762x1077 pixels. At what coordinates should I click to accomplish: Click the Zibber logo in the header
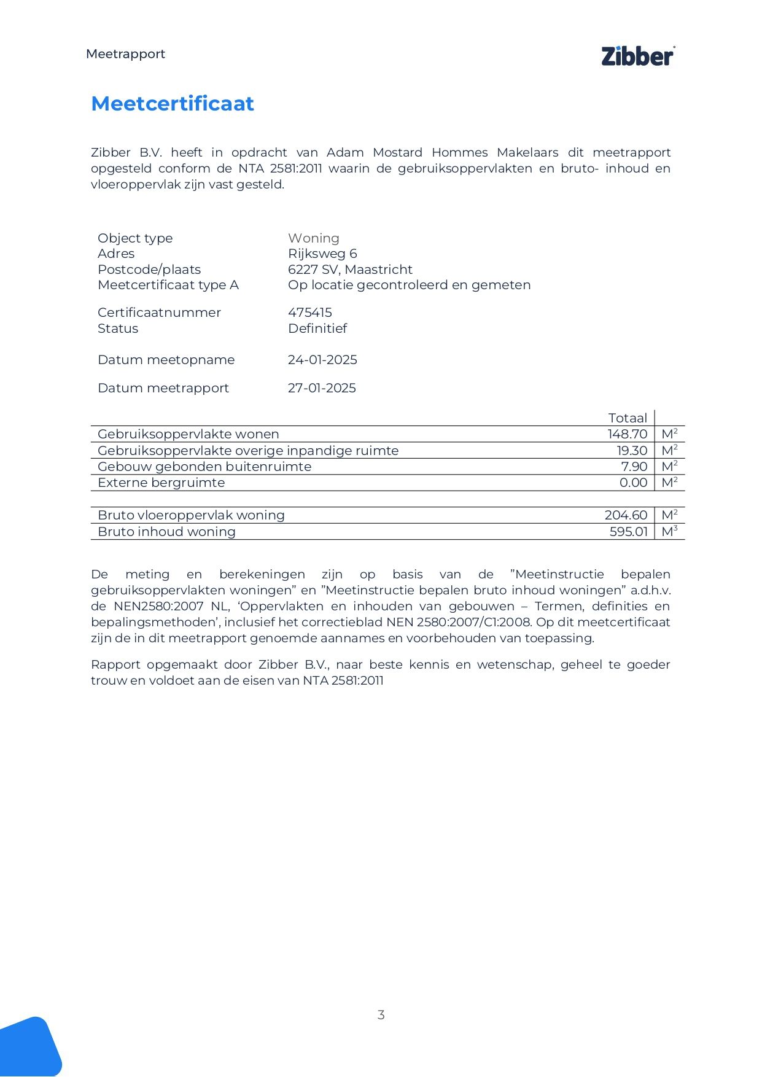(638, 56)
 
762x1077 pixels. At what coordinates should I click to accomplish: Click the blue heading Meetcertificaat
(173, 103)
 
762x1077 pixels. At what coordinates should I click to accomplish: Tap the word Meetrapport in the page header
(125, 54)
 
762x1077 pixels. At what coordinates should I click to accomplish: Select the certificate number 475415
(310, 313)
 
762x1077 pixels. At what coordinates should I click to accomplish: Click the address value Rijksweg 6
(322, 254)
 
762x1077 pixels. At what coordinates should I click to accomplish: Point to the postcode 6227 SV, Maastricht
(350, 270)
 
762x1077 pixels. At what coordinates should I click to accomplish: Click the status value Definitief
(317, 329)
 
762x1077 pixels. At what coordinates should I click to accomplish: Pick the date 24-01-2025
(322, 360)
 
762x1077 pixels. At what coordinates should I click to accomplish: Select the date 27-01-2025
(322, 388)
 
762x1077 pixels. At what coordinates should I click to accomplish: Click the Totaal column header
(628, 418)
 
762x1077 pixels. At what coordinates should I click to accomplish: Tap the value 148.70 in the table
(628, 434)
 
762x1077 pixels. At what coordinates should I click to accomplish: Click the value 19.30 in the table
(632, 451)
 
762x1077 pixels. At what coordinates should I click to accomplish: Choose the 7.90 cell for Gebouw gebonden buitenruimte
(634, 467)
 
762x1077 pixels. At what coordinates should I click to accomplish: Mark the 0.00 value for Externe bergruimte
(633, 483)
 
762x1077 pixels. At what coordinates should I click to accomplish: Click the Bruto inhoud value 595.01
(628, 532)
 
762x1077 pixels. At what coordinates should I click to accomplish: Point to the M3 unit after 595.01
(669, 531)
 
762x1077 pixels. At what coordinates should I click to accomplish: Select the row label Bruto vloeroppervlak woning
(191, 515)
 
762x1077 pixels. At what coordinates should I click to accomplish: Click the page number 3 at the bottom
(381, 1015)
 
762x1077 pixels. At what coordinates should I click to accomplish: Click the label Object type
(135, 238)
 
